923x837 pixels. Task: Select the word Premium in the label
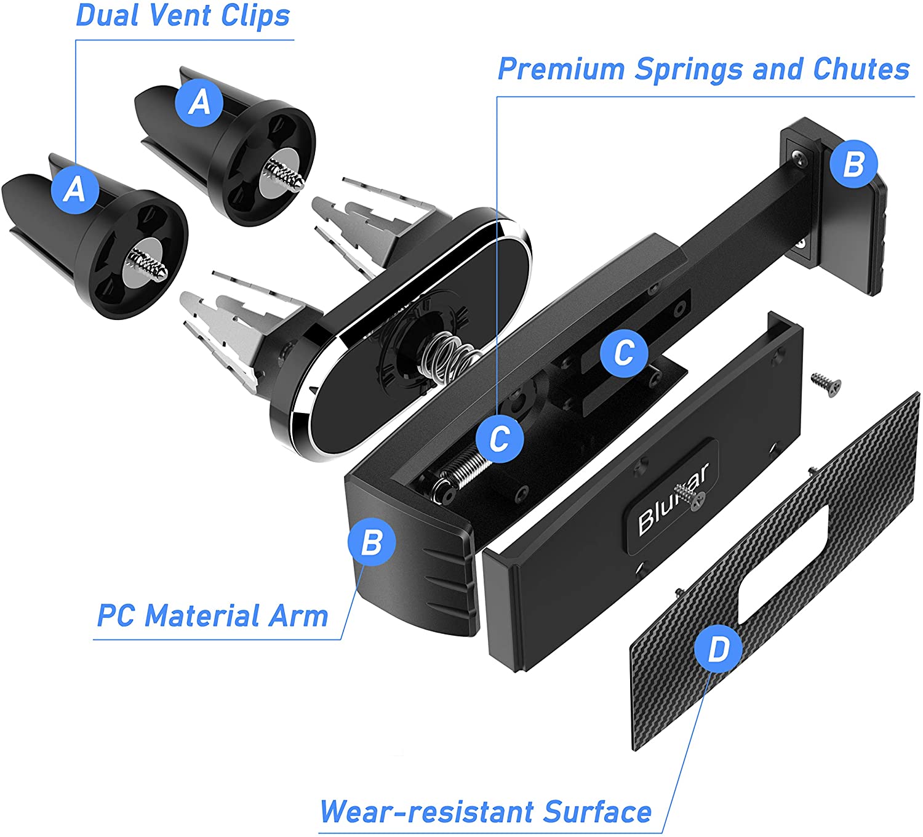(561, 69)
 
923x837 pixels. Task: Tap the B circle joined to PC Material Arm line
(372, 542)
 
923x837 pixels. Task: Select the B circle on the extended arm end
(854, 164)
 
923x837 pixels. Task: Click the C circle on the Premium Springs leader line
(500, 438)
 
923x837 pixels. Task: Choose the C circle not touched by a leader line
(625, 353)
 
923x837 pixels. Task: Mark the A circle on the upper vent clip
(200, 102)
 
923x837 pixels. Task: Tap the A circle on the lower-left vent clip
(75, 189)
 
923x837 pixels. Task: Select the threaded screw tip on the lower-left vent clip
(148, 264)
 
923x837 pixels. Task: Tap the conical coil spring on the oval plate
(448, 357)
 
